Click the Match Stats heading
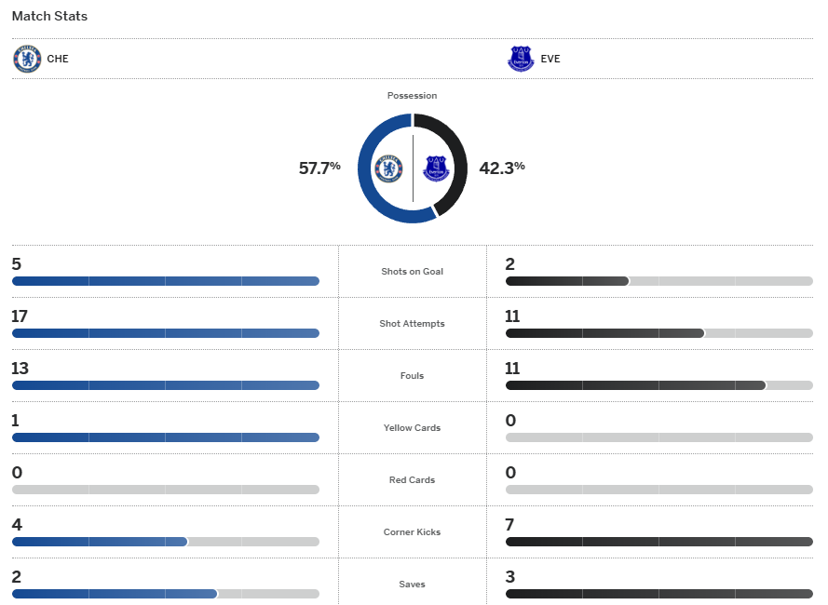[x=49, y=17]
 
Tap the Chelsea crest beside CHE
[x=27, y=59]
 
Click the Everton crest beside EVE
[x=520, y=59]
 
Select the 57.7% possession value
[x=319, y=168]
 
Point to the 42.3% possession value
[x=502, y=168]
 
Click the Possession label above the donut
[x=412, y=96]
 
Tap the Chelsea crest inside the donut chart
[x=388, y=168]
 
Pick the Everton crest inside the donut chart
[x=436, y=168]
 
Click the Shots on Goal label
[x=412, y=272]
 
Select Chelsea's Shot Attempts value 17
[x=20, y=316]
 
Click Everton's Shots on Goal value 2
[x=510, y=264]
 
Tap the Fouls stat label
[x=412, y=376]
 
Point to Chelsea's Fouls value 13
[x=20, y=369]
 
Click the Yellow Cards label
[x=412, y=428]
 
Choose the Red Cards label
[x=412, y=480]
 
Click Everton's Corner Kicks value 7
[x=510, y=525]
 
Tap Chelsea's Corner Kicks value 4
[x=17, y=525]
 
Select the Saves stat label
[x=412, y=585]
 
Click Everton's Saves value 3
[x=510, y=577]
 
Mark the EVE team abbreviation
[x=550, y=60]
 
